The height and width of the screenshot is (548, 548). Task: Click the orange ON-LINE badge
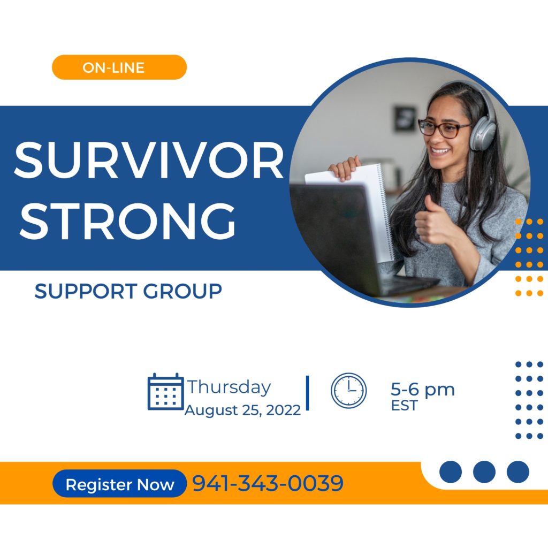pos(119,67)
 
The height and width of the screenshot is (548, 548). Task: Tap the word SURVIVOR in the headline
pos(149,161)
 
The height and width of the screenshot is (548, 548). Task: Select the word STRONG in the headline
pos(127,221)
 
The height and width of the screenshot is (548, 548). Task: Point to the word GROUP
pos(182,291)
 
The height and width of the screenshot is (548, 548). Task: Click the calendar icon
pos(166,391)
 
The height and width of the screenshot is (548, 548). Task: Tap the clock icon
pos(348,390)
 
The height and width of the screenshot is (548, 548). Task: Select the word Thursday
pos(229,387)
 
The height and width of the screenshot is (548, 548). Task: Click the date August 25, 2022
pos(242,410)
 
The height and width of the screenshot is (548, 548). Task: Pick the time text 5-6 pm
pos(423,390)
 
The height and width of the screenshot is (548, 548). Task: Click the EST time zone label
pos(405,406)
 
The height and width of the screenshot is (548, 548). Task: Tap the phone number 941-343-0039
pos(268,483)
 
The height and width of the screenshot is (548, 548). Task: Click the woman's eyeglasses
pos(442,128)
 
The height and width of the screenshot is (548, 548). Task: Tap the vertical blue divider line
pos(308,393)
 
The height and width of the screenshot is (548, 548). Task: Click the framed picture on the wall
pos(405,119)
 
